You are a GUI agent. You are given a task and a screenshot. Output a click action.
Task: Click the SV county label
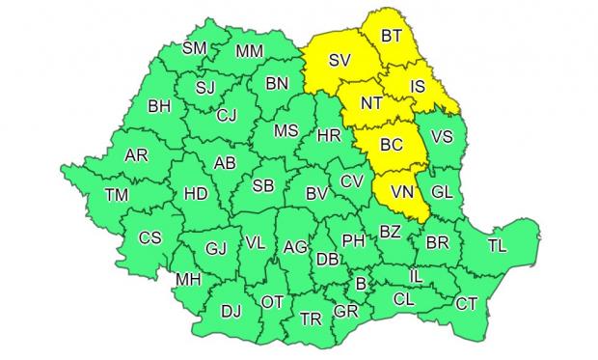[x=338, y=61]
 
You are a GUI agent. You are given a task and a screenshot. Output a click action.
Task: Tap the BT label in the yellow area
[x=392, y=38]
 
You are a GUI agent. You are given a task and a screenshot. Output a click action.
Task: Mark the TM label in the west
[x=117, y=196]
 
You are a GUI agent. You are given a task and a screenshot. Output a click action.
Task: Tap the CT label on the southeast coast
[x=467, y=304]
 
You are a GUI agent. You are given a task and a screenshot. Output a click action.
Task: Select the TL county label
[x=497, y=246]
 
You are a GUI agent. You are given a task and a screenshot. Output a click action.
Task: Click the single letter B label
[x=362, y=284]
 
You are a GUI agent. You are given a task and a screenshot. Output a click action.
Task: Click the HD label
[x=195, y=194]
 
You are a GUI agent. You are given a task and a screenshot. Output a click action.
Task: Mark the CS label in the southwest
[x=150, y=237]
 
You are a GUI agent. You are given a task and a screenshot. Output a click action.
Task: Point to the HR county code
[x=329, y=138]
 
